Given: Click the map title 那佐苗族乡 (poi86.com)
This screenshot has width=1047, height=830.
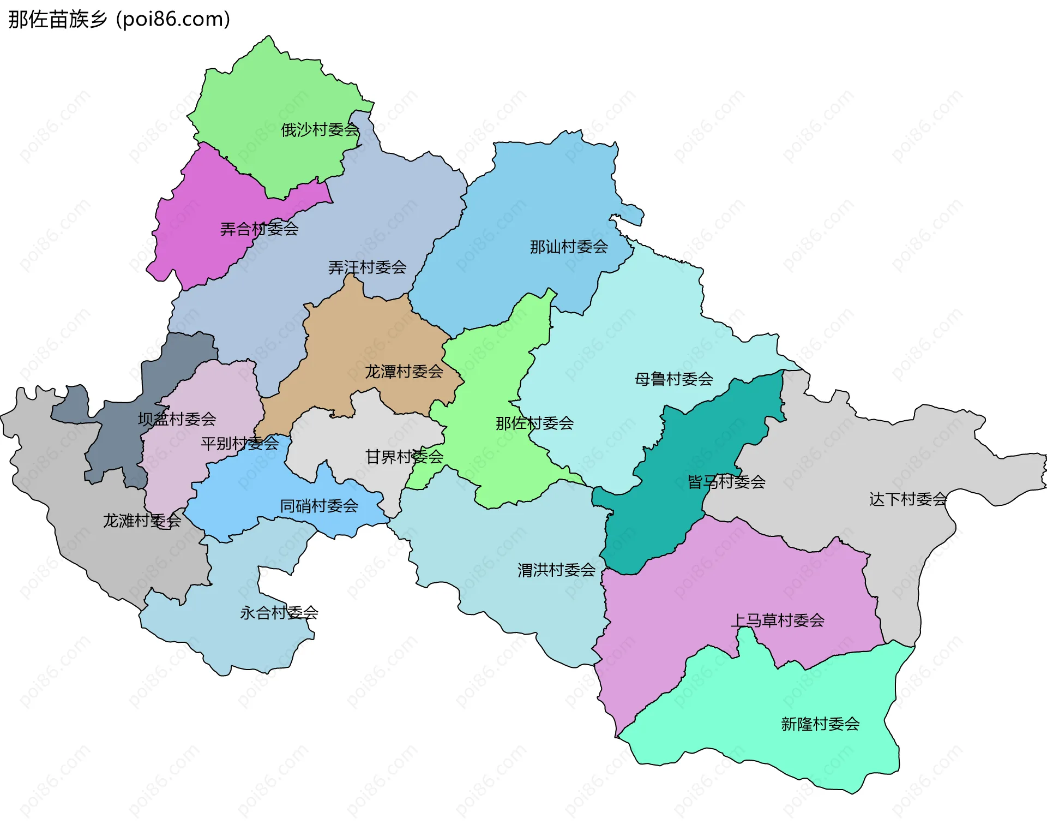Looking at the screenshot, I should (x=119, y=20).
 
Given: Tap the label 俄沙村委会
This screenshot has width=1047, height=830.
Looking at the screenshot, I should (x=320, y=130).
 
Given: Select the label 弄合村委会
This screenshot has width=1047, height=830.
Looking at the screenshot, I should (x=259, y=229).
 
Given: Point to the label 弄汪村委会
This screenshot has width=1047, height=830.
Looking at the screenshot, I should (x=367, y=267).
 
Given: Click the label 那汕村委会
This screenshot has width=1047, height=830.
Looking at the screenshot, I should (x=569, y=247).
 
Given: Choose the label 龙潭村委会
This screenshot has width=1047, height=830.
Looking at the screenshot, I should (x=404, y=372).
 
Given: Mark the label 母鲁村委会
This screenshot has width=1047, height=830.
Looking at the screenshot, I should (x=673, y=379).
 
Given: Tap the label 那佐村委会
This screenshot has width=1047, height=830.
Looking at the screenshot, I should (x=534, y=423).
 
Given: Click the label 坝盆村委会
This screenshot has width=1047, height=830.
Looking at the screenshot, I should (x=177, y=420).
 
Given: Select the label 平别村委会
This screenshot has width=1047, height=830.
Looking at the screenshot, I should (x=239, y=444).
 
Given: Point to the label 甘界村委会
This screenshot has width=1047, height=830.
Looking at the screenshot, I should (x=404, y=457).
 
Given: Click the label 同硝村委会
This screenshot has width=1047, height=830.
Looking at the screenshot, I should (x=319, y=506).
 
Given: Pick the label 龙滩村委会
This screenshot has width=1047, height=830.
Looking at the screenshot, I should (x=142, y=521).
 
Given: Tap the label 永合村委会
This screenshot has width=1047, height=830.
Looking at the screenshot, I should (x=279, y=613).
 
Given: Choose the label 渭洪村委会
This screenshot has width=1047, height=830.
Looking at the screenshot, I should (x=556, y=571).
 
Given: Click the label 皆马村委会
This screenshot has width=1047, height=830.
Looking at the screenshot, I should (x=726, y=482).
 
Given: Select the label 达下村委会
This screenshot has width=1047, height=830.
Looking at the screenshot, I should (x=908, y=499).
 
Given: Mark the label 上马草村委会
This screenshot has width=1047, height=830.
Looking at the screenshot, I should (x=777, y=621).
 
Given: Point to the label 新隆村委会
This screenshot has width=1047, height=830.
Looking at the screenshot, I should (x=820, y=725).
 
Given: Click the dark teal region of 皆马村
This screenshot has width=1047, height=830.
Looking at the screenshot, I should (x=654, y=524).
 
